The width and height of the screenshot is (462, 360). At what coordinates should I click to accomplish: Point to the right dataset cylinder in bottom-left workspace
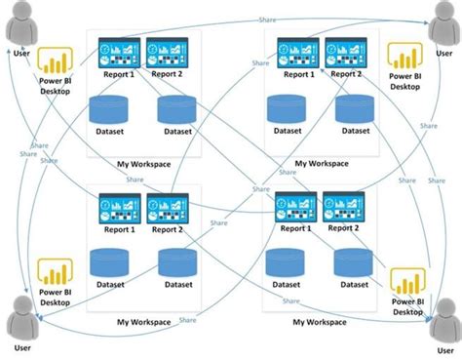click(x=178, y=264)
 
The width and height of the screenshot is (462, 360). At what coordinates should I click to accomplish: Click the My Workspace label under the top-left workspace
click(x=142, y=163)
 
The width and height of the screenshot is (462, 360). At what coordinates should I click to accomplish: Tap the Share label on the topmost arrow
click(x=266, y=20)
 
